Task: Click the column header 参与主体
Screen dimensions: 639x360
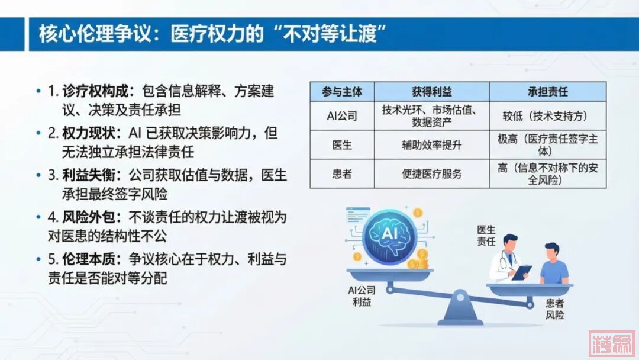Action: tap(342, 92)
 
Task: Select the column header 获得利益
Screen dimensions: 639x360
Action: tap(431, 92)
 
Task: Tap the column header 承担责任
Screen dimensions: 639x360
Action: tap(547, 92)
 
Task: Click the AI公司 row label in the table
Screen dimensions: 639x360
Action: tap(342, 116)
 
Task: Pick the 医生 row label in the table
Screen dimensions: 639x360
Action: tap(342, 145)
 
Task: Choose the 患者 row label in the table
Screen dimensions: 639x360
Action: tap(342, 174)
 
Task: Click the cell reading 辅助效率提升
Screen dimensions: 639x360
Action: tap(431, 145)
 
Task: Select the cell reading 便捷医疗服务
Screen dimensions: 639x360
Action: tap(431, 174)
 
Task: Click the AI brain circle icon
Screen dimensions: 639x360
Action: tap(389, 236)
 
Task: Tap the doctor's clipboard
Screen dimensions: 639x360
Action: tap(522, 272)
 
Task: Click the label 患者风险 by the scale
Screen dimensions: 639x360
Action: tap(554, 309)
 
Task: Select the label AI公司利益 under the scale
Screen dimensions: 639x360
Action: tap(362, 296)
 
